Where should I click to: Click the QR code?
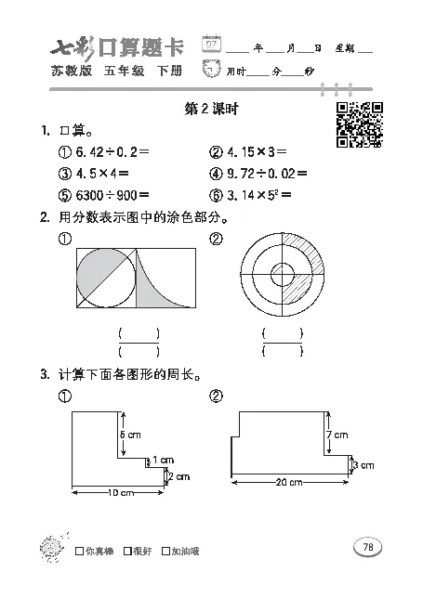pyautogui.click(x=358, y=123)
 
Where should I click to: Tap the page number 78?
pyautogui.click(x=367, y=547)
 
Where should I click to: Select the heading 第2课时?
pyautogui.click(x=212, y=110)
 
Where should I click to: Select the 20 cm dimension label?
pyautogui.click(x=288, y=482)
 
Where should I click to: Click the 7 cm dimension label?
pyautogui.click(x=337, y=435)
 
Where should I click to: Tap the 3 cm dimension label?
pyautogui.click(x=364, y=463)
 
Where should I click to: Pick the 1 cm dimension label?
pyautogui.click(x=163, y=459)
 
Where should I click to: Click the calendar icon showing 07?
pyautogui.click(x=213, y=44)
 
